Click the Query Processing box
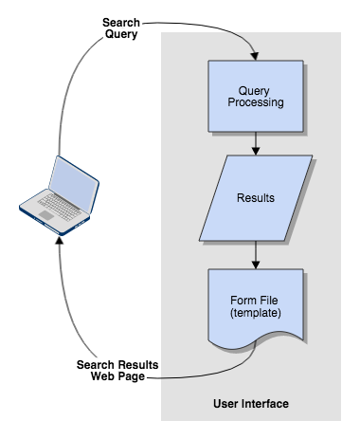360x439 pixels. pos(256,96)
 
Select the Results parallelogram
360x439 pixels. pos(256,198)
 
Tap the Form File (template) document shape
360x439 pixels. pos(256,306)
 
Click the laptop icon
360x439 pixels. pos(58,194)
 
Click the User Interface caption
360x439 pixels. pos(251,405)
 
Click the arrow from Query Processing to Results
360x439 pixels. pos(256,142)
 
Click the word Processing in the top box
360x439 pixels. pos(257,102)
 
